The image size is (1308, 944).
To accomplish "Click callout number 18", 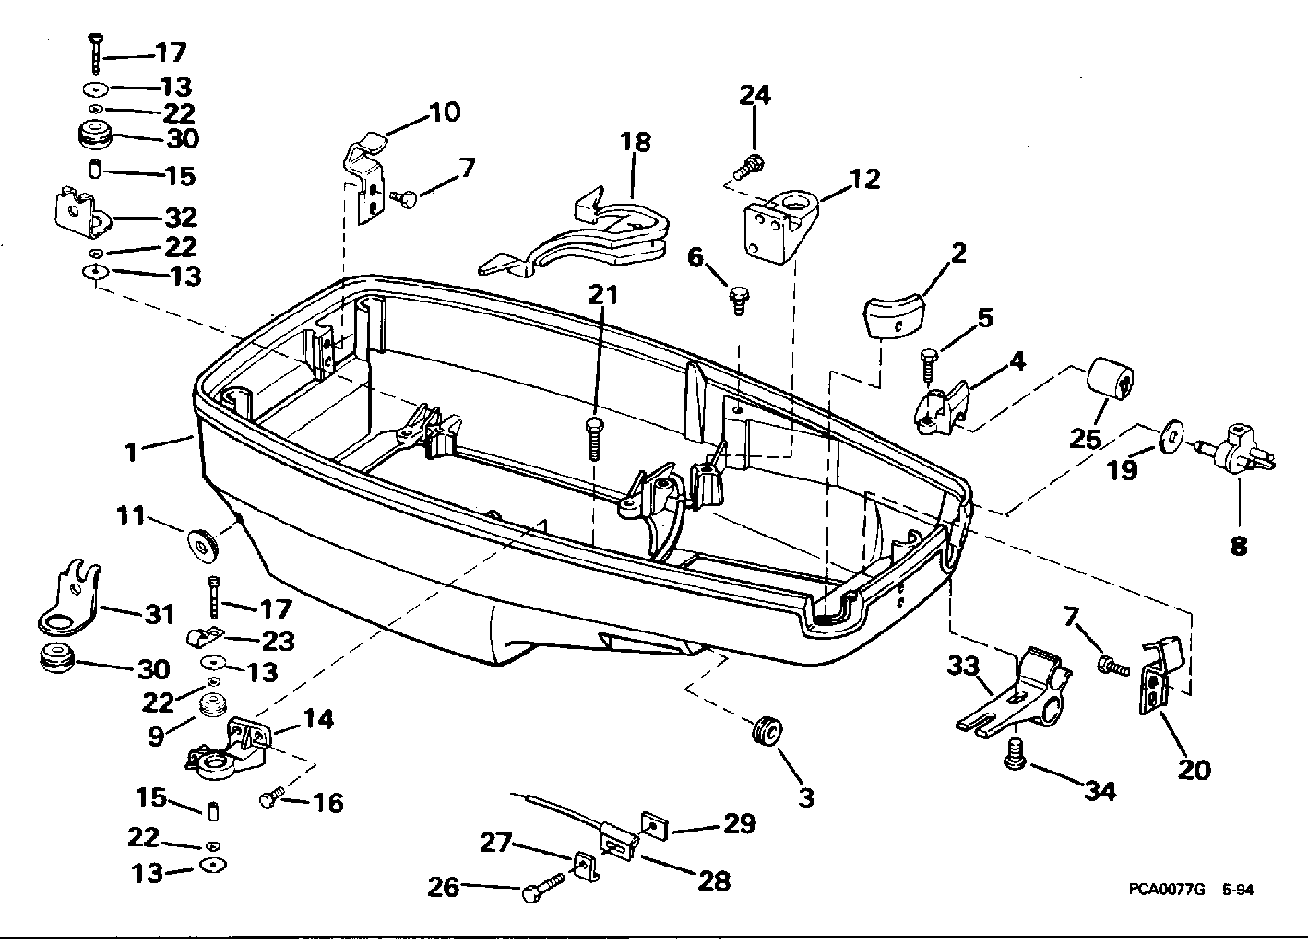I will [635, 143].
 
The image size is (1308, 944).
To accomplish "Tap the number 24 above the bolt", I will [755, 95].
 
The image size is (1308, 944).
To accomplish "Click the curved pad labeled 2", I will [895, 314].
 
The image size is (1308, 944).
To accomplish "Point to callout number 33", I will [963, 666].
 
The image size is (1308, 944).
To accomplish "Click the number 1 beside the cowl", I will [132, 452].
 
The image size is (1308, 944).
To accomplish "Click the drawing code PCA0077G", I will [1166, 891].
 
